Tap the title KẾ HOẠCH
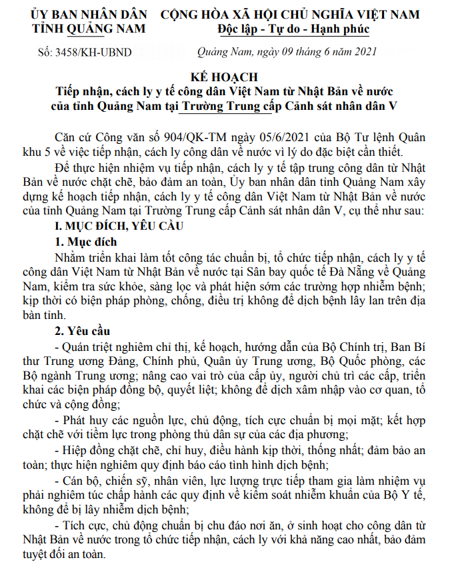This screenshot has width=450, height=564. pos(225,78)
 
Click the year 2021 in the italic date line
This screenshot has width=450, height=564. pos(365,51)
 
